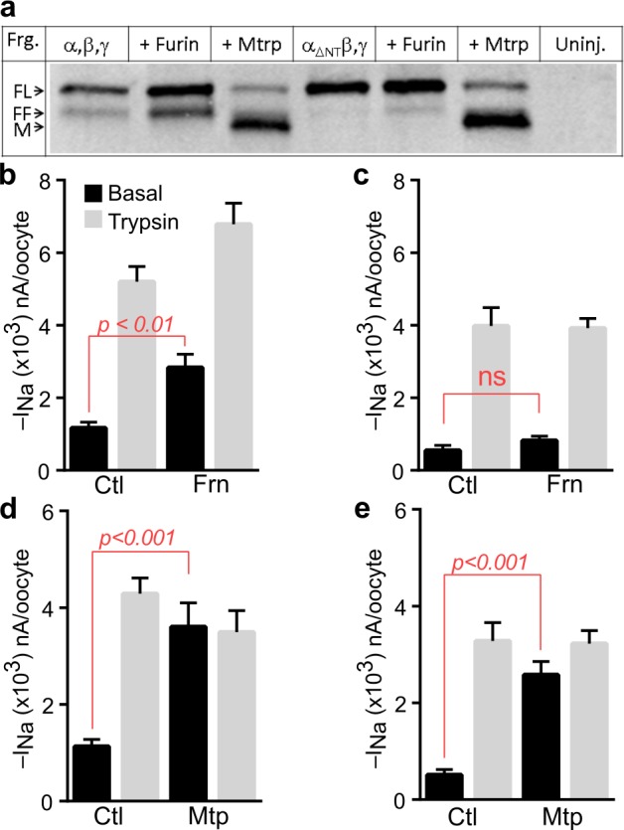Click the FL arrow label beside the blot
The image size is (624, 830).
point(21,89)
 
